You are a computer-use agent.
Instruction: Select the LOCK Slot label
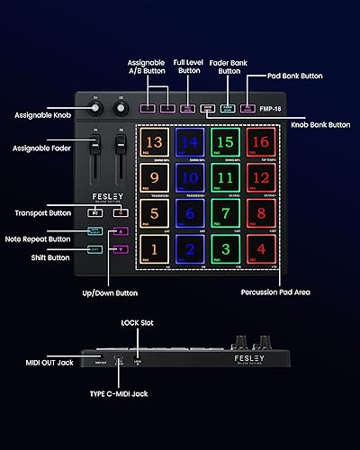click(x=137, y=321)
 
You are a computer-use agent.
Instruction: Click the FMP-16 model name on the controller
click(x=266, y=107)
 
